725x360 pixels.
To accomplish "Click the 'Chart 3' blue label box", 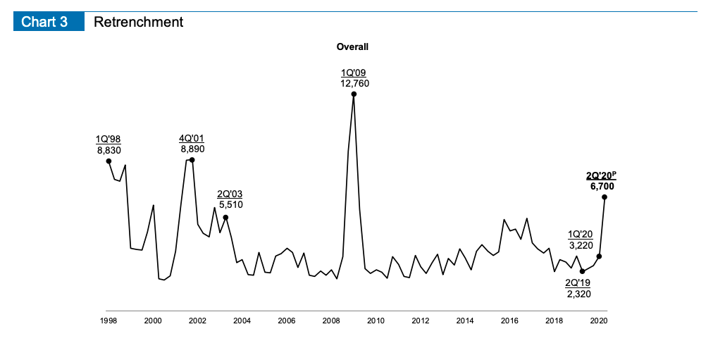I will click(44, 22).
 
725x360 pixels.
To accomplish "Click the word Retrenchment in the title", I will click(138, 22).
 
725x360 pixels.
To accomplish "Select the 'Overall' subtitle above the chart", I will click(352, 47).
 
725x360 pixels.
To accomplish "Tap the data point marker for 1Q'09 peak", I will click(354, 94).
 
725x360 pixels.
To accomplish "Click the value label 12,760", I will click(354, 83).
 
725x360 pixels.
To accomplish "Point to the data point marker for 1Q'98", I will click(109, 161).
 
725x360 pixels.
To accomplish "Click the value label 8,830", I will click(109, 149).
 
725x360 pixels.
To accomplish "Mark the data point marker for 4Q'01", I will click(192, 160).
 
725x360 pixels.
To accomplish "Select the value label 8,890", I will click(192, 149).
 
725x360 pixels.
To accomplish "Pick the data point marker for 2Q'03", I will click(225, 217).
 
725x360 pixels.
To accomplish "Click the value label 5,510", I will click(231, 204).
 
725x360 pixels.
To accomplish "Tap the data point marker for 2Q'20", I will click(605, 197).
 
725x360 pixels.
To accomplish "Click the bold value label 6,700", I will click(602, 187).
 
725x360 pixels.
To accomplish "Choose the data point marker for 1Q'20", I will click(599, 256).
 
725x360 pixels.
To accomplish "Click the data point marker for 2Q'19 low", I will click(582, 271).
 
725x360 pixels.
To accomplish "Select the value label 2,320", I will click(578, 294).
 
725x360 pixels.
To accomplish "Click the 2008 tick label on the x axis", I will click(331, 321).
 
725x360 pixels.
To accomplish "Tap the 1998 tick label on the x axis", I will click(109, 321).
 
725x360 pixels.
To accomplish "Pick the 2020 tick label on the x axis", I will click(599, 321).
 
